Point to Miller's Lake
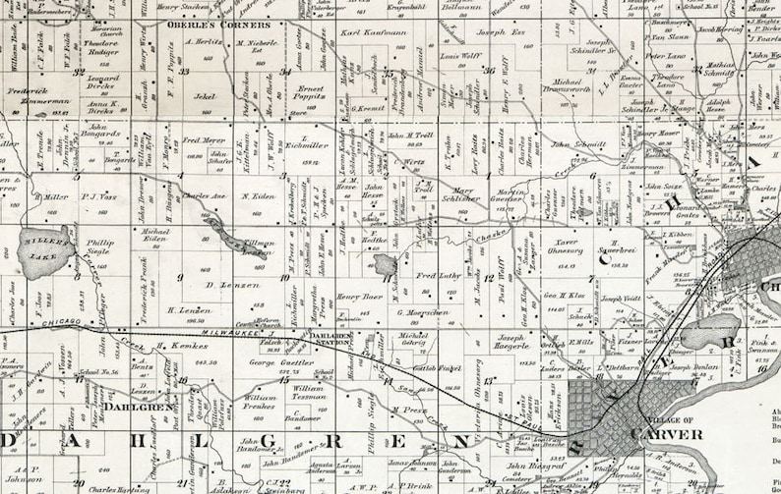click(45, 251)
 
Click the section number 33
click(184, 71)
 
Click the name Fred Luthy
click(437, 275)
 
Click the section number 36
click(490, 71)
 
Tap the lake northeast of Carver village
click(708, 332)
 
